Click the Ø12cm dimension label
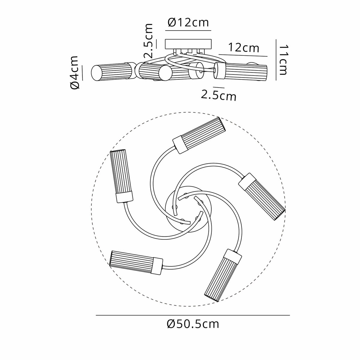point(188,23)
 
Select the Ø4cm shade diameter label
point(74,72)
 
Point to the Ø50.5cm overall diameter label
point(193,324)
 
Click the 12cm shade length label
point(244,48)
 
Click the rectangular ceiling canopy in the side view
point(188,44)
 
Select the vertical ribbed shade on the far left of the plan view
point(121,176)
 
